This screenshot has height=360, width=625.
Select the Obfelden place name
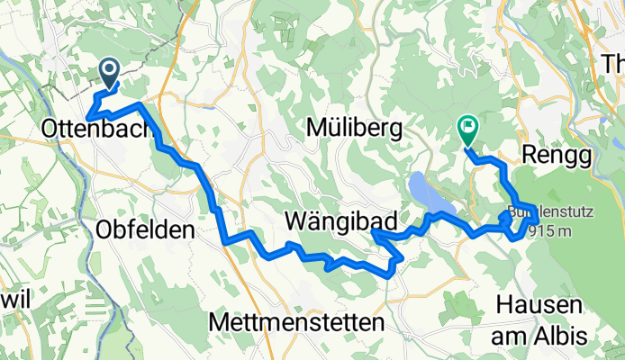pos(144,229)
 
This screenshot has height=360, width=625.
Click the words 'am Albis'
pos(539,336)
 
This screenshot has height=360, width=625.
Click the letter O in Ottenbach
pos(50,130)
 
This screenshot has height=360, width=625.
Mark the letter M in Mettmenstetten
pos(218,321)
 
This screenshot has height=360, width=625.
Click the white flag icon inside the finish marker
pos(468,127)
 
